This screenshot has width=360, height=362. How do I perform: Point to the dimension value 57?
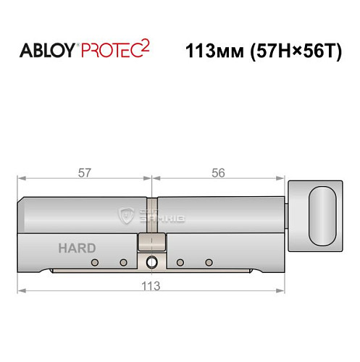(85, 172)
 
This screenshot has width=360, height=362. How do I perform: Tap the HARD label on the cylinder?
(72, 248)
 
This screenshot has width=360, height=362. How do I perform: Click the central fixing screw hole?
(151, 262)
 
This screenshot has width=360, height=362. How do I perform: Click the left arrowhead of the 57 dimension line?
(22, 179)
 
